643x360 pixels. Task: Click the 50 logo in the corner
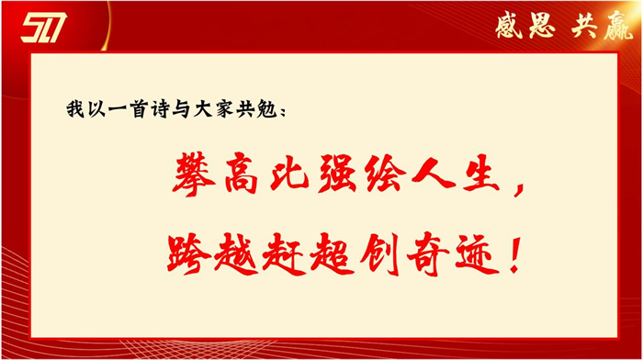[43, 28]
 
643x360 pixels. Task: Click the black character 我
[74, 109]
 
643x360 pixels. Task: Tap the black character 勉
[275, 109]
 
